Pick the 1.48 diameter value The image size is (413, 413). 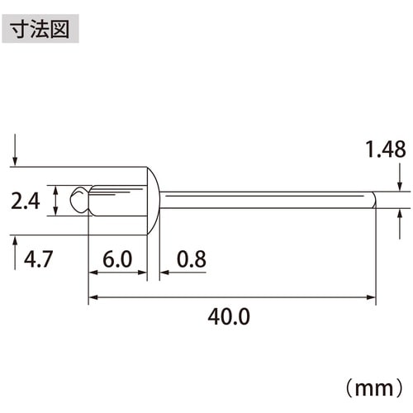tap(384, 150)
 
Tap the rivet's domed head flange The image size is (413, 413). tap(153, 200)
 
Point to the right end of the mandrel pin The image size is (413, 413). tap(374, 200)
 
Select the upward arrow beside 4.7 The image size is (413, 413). tap(17, 248)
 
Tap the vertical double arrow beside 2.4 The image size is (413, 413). tap(55, 200)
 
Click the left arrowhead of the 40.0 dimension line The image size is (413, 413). tap(93, 297)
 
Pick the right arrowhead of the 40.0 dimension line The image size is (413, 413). tap(372, 297)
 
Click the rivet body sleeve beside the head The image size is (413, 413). tap(116, 200)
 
